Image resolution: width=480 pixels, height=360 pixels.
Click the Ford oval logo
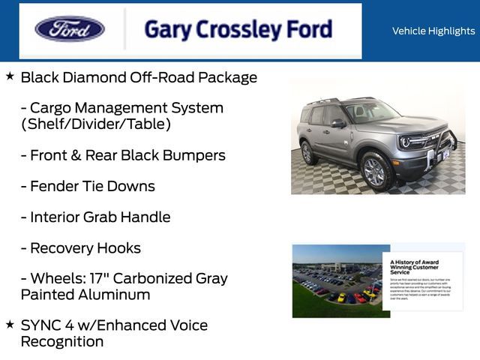[x=70, y=29]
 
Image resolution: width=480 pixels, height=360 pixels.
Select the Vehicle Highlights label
[x=433, y=31]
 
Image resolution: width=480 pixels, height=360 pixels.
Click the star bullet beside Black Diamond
[x=10, y=76]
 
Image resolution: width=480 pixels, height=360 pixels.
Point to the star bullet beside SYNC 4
[x=10, y=325]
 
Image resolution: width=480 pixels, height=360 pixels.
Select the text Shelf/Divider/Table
[x=96, y=124]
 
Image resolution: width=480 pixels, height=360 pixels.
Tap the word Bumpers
[x=195, y=155]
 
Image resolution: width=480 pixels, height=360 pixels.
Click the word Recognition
[x=62, y=342]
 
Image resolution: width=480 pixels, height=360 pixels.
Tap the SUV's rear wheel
[x=307, y=152]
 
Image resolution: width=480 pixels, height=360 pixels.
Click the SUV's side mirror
[x=338, y=123]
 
